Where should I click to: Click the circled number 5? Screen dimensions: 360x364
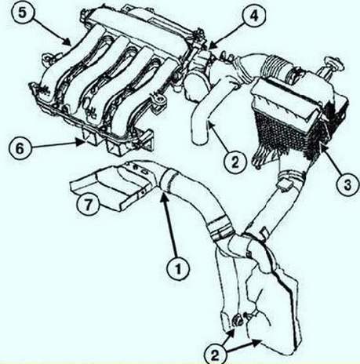pos(23,13)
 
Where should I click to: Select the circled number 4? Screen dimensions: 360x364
pos(254,16)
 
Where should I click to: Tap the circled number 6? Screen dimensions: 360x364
pos(20,149)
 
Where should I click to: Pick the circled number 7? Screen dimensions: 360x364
pos(88,204)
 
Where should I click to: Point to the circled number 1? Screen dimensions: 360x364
pos(178,268)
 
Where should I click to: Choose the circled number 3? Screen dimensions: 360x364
pos(347,185)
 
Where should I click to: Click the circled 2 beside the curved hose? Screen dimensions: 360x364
pos(235,162)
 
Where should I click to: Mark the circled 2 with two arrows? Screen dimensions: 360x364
pos(215,355)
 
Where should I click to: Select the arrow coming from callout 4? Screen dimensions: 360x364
pos(224,38)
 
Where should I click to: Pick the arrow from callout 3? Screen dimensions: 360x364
pos(330,158)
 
